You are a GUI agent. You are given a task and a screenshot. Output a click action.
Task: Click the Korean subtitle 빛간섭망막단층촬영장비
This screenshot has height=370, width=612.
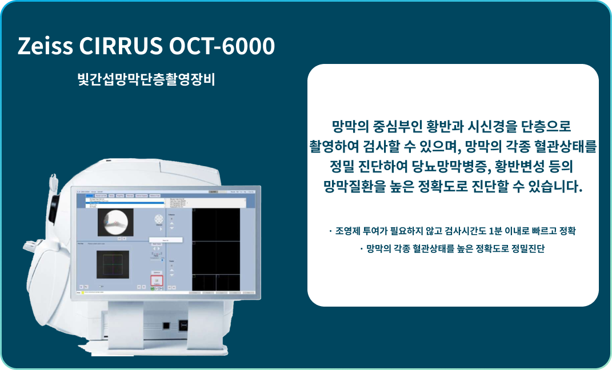click(x=146, y=79)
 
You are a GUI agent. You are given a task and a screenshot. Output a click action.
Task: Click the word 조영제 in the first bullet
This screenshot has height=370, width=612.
click(x=348, y=231)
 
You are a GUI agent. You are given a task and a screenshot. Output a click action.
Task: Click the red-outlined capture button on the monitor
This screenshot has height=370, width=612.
click(x=157, y=280)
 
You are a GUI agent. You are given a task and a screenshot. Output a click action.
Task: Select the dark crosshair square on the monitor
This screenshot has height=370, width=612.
click(x=112, y=266)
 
